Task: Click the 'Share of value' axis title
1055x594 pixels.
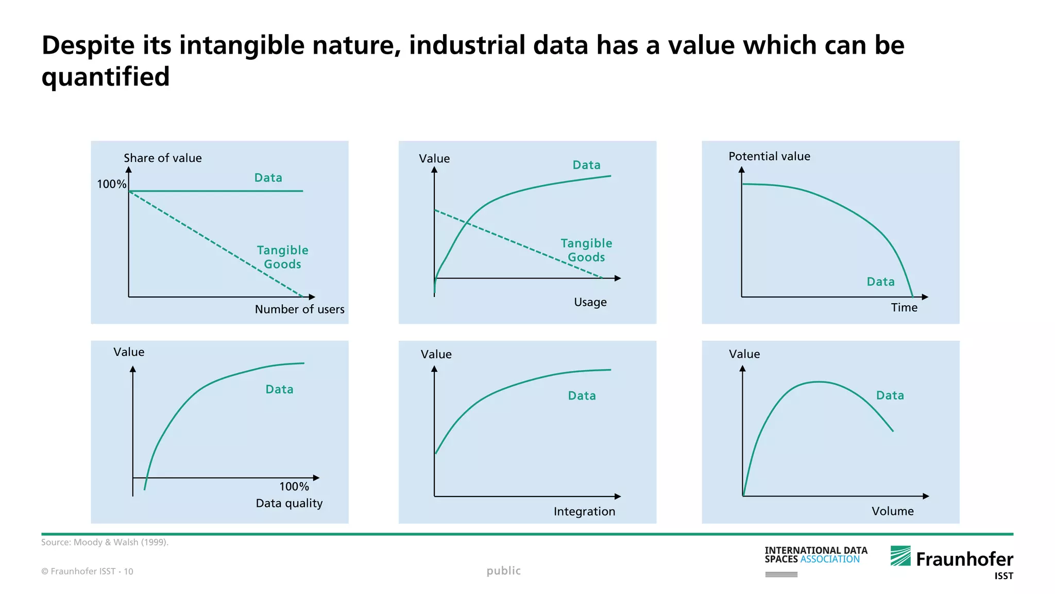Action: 162,158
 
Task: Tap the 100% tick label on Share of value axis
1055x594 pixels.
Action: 111,184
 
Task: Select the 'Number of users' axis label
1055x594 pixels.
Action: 299,309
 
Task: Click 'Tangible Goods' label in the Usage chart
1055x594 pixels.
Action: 586,250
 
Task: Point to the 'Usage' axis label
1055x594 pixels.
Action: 590,302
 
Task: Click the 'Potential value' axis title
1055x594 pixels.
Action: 769,156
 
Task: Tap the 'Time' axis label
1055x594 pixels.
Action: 904,308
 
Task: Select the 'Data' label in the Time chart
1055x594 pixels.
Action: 880,282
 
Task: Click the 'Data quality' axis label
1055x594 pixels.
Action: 289,503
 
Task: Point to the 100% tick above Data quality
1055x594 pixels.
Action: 294,487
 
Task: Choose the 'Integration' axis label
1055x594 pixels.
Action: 584,511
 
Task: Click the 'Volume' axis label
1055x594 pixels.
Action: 892,511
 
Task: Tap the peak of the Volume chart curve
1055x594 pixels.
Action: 818,382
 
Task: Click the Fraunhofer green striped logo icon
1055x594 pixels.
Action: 900,556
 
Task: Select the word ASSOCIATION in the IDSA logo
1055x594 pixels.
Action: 830,559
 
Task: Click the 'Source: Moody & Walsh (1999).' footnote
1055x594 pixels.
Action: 105,542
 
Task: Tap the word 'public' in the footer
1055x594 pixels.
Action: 503,571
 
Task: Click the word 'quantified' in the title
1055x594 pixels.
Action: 106,77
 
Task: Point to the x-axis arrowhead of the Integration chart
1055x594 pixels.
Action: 618,497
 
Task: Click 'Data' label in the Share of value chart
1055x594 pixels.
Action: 268,178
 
